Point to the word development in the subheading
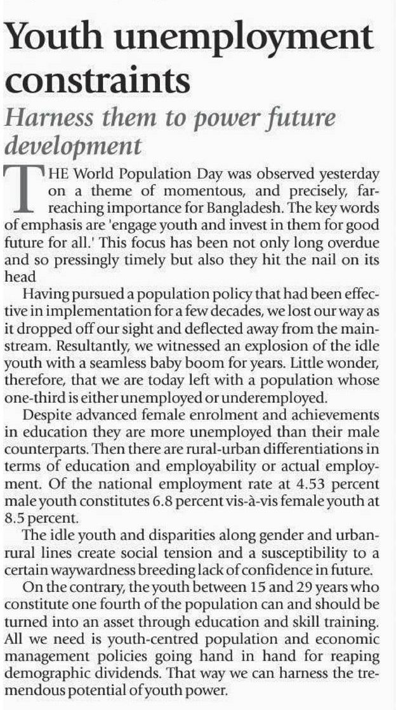click(73, 146)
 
